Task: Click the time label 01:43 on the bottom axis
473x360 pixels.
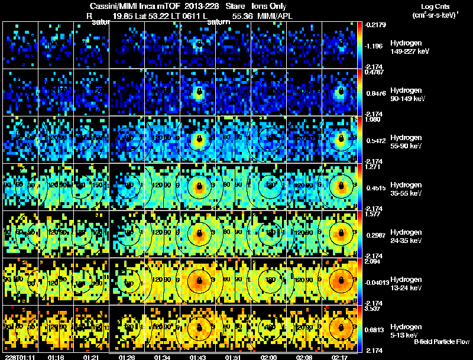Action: [199, 357]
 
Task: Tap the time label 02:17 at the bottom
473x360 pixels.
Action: [339, 357]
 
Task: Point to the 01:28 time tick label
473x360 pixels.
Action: [127, 357]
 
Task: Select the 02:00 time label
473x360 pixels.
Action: [269, 357]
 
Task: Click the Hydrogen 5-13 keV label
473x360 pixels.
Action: [407, 330]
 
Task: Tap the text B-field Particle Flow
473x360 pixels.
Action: [442, 342]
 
